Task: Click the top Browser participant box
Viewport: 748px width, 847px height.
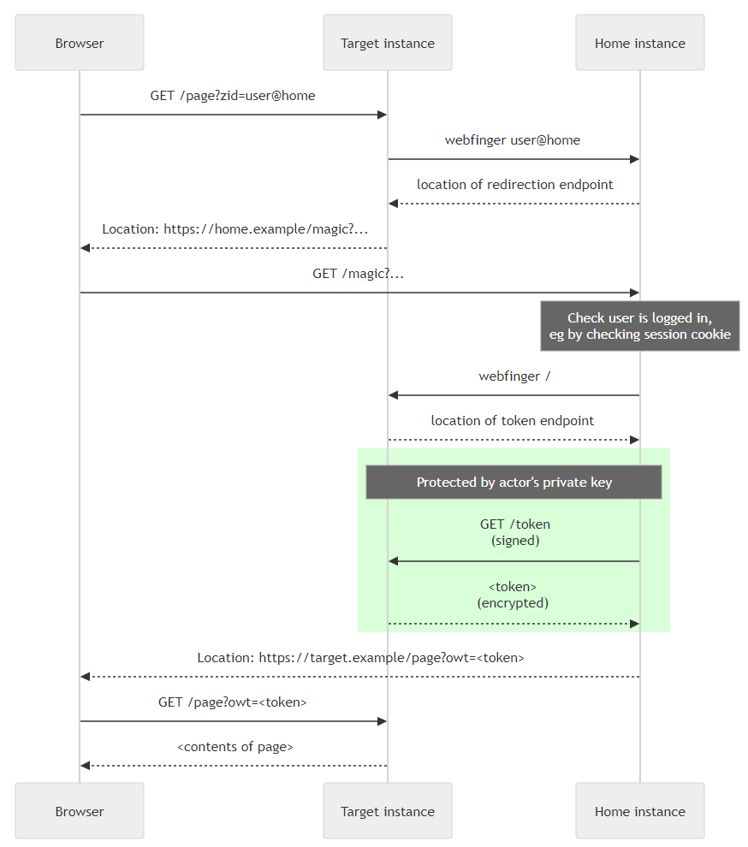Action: (80, 43)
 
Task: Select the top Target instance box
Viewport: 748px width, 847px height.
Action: (388, 43)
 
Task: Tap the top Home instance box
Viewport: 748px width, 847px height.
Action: (640, 43)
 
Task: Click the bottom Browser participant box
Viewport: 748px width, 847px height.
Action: (80, 811)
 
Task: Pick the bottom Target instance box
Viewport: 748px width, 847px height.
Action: (388, 811)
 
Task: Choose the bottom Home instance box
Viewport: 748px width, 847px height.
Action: (640, 811)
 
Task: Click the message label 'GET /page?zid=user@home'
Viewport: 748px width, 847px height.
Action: (233, 96)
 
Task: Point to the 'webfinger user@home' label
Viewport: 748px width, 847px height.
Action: (513, 140)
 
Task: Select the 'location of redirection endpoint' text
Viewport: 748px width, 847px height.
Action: (515, 185)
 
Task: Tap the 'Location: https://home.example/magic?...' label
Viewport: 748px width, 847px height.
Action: (235, 229)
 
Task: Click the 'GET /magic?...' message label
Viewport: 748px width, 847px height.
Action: (359, 274)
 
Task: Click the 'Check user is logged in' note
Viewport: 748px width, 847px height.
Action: (640, 326)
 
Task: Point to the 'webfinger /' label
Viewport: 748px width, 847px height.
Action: (514, 376)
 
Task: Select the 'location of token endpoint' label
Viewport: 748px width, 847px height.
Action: (513, 421)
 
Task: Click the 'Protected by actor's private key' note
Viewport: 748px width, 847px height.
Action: (514, 482)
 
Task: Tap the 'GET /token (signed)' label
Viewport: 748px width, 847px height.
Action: (515, 532)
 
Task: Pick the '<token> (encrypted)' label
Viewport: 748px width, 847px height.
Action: (513, 595)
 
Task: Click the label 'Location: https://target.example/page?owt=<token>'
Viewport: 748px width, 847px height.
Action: (360, 658)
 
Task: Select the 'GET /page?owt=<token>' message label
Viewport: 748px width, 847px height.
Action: (233, 702)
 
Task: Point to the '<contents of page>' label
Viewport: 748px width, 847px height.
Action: (235, 747)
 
